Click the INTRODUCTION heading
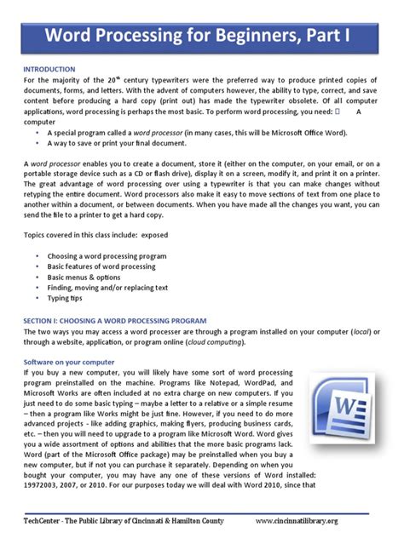coord(50,68)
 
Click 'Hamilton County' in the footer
coord(202,520)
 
